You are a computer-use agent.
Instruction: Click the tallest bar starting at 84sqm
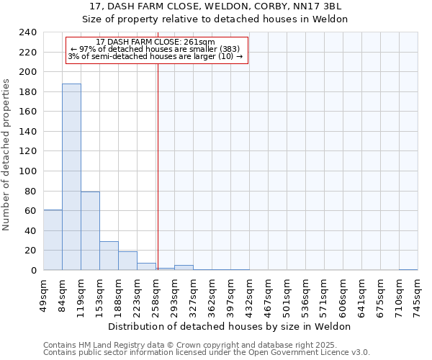[71, 177]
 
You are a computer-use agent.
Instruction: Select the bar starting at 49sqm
[53, 240]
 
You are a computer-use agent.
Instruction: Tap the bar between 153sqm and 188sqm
[109, 256]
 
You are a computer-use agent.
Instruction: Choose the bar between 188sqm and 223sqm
[127, 261]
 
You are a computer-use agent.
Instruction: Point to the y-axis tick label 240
[27, 32]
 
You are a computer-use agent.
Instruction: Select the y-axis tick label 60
[30, 211]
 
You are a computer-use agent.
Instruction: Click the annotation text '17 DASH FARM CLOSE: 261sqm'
[156, 42]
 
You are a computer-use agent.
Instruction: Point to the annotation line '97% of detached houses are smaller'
[154, 49]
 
